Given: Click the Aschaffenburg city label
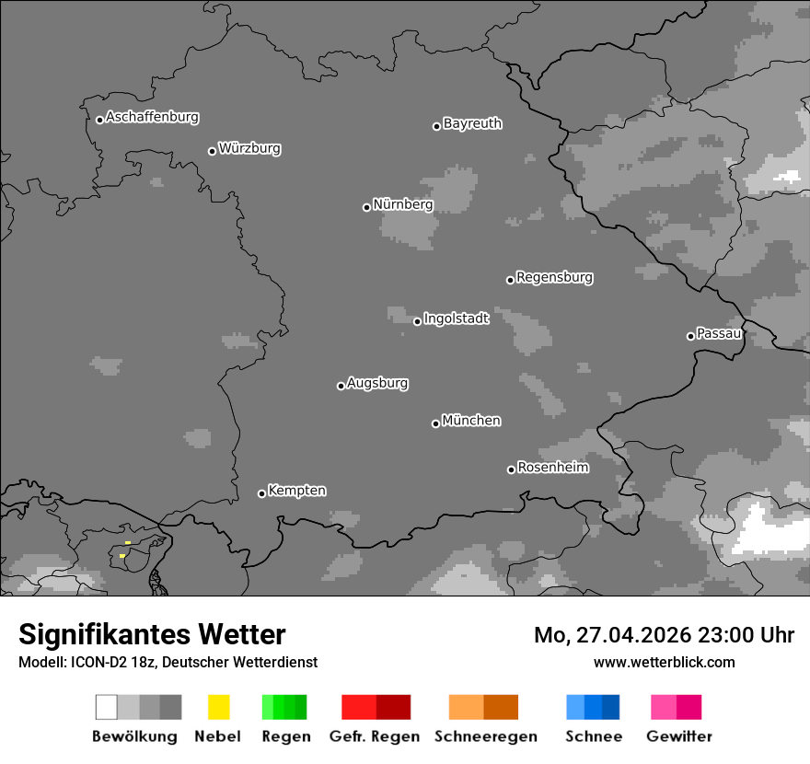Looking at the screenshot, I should (152, 117).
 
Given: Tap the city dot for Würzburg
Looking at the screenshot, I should (212, 151).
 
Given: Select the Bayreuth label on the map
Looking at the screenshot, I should (472, 123).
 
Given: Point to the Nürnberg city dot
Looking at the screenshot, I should (366, 207).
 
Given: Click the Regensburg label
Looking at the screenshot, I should (554, 277).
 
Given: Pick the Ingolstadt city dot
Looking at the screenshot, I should (417, 321).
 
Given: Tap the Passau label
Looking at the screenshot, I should (719, 333).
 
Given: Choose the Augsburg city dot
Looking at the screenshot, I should (341, 386).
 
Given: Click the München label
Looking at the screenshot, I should (471, 421).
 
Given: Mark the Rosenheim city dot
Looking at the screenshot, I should (511, 469).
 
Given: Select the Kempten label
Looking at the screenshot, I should (296, 491).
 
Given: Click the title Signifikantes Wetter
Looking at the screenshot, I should (152, 634).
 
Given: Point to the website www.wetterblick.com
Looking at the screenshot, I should (664, 662).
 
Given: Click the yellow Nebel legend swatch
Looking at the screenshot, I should (218, 707).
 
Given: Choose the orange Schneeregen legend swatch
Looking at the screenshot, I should (483, 707).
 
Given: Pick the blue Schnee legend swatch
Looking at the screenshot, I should (593, 707).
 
